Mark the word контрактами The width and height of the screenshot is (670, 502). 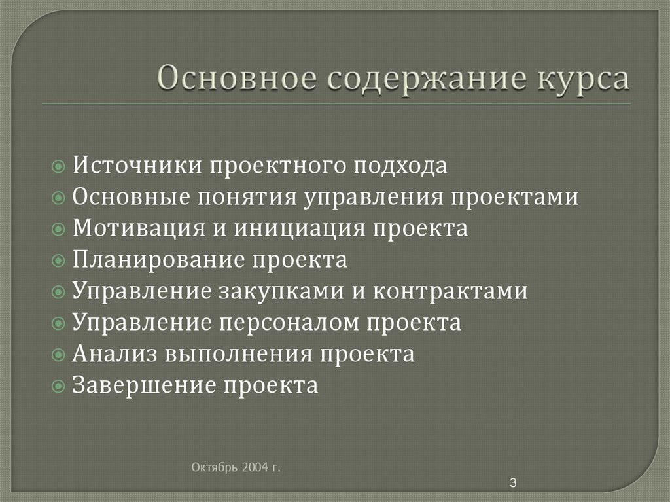point(450,291)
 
